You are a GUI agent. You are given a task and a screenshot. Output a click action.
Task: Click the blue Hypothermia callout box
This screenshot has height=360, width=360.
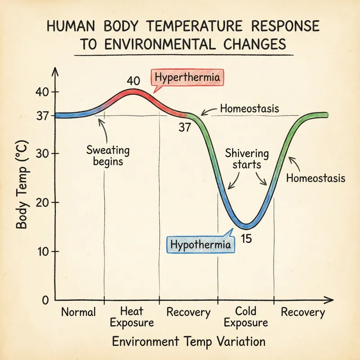tap(201, 244)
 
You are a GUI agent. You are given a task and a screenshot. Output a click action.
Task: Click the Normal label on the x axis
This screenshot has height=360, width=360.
tap(79, 312)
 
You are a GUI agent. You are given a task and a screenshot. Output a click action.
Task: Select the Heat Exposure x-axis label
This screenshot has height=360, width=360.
tap(132, 317)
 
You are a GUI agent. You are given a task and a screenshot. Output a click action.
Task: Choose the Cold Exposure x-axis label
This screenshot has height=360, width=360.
tap(246, 317)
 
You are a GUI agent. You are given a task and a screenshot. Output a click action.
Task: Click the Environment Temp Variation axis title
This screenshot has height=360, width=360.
tap(189, 341)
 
